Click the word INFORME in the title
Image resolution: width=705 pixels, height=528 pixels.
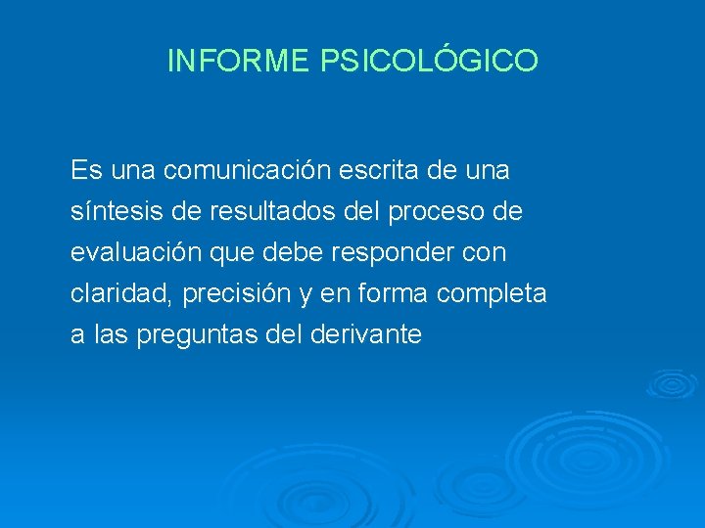pyautogui.click(x=239, y=61)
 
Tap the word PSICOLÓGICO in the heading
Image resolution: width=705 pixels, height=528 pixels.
pyautogui.click(x=429, y=61)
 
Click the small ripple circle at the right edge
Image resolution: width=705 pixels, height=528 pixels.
pyautogui.click(x=672, y=382)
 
